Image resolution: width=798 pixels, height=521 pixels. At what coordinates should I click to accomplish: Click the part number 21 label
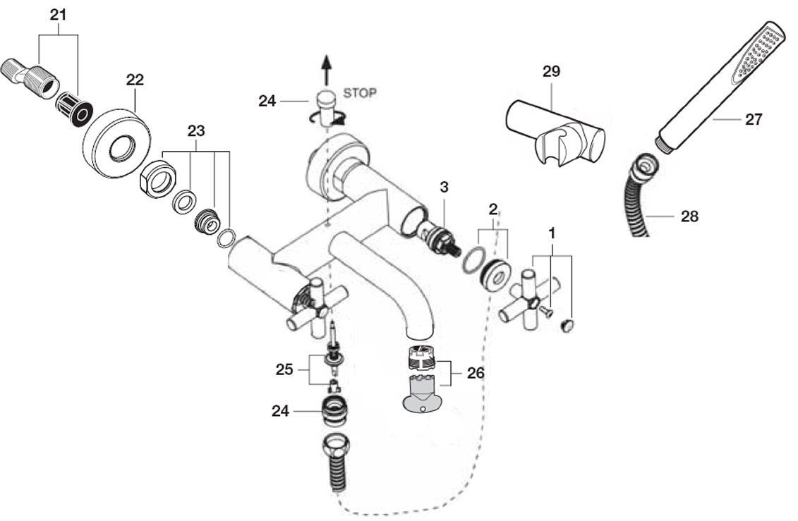click(x=58, y=15)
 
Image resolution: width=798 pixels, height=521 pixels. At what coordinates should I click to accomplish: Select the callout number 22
click(x=135, y=79)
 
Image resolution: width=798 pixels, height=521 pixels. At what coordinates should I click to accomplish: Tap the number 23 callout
click(x=196, y=130)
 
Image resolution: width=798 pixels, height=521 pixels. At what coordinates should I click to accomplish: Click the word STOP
click(x=360, y=93)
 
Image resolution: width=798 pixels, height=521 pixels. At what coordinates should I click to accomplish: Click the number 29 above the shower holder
click(x=550, y=71)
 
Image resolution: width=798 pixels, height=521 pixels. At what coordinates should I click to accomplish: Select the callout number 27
click(x=754, y=119)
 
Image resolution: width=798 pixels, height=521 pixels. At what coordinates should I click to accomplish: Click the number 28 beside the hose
click(x=689, y=216)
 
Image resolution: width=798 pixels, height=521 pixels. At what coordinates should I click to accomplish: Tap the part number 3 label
click(x=444, y=187)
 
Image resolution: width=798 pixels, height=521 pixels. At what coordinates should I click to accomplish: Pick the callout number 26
click(x=476, y=373)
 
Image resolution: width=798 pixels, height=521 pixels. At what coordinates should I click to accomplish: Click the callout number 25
click(x=284, y=369)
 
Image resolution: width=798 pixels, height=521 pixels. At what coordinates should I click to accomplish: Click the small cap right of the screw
click(x=567, y=325)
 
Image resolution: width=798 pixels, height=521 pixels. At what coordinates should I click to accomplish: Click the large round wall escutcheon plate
click(x=119, y=143)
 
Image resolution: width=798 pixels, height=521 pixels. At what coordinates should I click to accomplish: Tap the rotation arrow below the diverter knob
click(x=327, y=119)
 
